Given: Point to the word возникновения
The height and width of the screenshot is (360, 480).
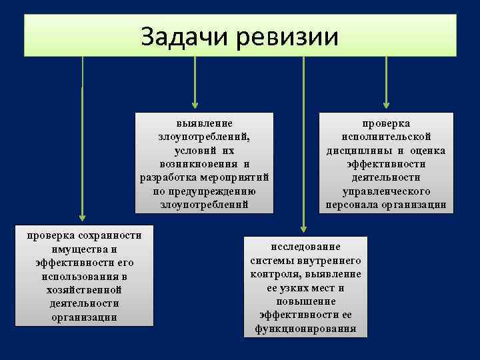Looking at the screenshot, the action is pos(198,163).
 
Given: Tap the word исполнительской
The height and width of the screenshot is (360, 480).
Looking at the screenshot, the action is pos(386,137).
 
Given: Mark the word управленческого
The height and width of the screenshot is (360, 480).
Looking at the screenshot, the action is pos(386,191).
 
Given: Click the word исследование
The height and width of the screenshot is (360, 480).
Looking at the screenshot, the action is pos(305,247).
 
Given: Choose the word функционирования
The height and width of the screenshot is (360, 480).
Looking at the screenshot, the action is pos(305,329).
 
